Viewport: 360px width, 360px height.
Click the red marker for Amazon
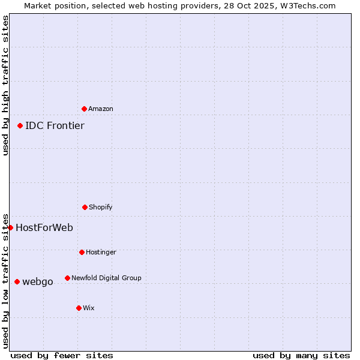[84, 109]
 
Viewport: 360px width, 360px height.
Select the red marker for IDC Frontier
[20, 125]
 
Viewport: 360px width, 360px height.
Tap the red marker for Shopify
[85, 207]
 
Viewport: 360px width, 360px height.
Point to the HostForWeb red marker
[10, 227]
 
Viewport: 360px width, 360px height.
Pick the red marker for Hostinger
[82, 252]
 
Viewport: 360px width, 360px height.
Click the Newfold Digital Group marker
[67, 278]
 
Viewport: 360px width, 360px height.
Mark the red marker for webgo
[17, 281]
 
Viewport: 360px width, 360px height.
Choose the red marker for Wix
[79, 308]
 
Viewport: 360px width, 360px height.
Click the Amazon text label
[101, 109]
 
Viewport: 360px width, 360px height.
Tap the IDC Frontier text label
[55, 125]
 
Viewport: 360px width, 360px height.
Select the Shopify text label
[101, 207]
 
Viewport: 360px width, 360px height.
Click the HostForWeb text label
[44, 227]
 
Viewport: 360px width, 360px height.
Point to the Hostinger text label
[101, 252]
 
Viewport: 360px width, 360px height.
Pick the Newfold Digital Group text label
[106, 278]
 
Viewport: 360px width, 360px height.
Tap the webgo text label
[38, 281]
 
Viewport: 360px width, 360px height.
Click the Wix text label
[89, 308]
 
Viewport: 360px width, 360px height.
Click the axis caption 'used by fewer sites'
[62, 355]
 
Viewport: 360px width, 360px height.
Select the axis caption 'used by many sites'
[301, 355]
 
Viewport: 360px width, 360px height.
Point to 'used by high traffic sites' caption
[5, 86]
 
